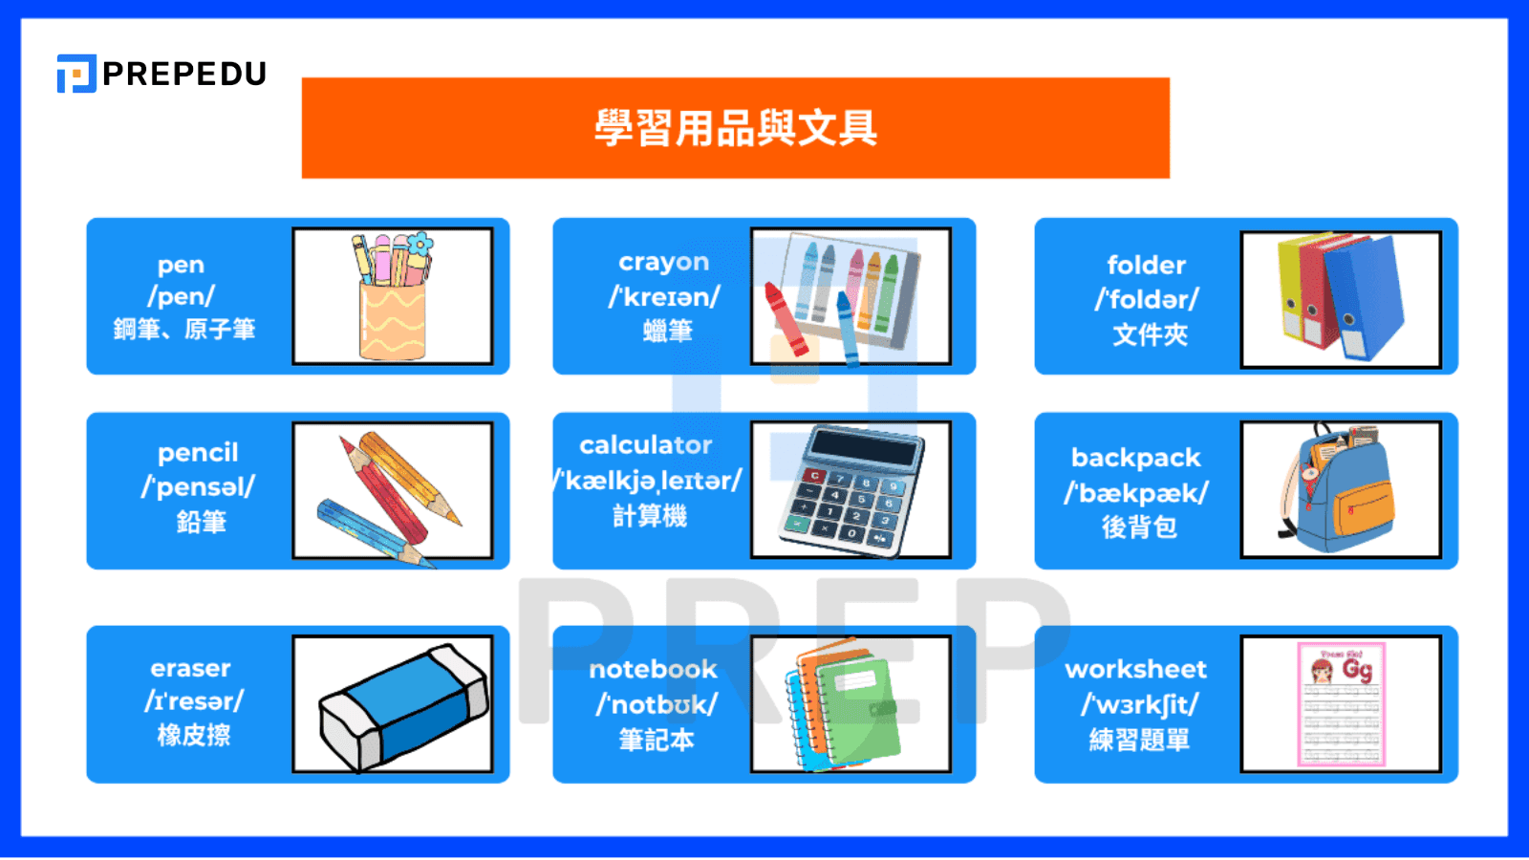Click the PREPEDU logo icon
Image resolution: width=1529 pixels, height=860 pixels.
click(76, 74)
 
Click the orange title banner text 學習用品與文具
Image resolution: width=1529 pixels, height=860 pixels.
click(735, 128)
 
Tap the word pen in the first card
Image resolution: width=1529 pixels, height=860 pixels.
click(181, 265)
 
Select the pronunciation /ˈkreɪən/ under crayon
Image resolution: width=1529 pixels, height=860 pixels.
click(664, 296)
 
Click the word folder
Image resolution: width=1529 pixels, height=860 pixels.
click(1146, 265)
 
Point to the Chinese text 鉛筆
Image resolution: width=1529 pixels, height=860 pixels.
click(201, 522)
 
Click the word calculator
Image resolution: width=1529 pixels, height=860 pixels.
click(646, 445)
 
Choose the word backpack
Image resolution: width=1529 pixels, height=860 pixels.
click(1135, 458)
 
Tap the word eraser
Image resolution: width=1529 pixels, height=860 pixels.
click(190, 668)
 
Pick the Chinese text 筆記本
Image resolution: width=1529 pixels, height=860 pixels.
click(656, 740)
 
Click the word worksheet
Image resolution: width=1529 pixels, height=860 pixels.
click(1135, 669)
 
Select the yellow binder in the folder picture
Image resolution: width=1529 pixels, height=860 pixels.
click(1292, 287)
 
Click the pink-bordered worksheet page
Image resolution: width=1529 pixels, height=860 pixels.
click(1341, 703)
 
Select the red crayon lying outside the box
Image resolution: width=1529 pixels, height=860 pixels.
click(786, 315)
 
